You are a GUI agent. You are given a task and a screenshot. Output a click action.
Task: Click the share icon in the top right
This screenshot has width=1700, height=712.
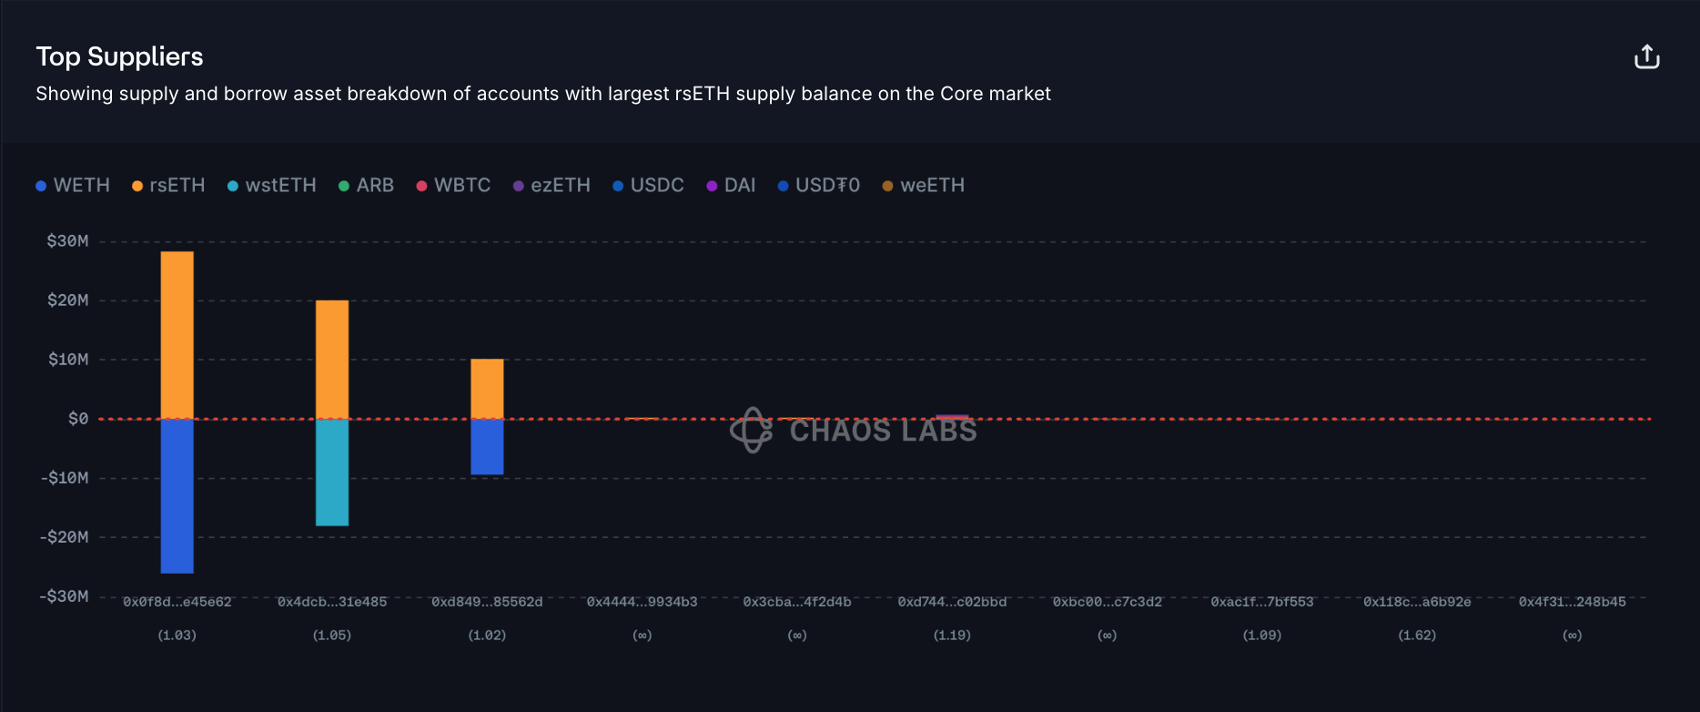(x=1646, y=57)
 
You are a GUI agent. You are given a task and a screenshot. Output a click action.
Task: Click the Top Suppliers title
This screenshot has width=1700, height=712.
(x=119, y=56)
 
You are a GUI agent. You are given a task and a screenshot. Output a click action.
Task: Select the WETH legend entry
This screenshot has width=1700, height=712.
(x=73, y=186)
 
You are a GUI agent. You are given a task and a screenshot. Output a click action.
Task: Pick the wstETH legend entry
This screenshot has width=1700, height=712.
(x=271, y=186)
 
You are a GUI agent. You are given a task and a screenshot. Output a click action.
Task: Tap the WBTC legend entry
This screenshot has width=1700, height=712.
(x=453, y=186)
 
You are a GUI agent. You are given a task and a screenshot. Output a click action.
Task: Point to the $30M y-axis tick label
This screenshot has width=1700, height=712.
(x=68, y=241)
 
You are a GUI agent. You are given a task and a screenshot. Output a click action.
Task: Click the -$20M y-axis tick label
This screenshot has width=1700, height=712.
(x=65, y=537)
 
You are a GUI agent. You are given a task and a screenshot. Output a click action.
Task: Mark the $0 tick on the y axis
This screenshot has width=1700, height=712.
(x=78, y=419)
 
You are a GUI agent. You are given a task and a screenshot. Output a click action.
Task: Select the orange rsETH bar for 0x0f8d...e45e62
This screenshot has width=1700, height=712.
(x=177, y=334)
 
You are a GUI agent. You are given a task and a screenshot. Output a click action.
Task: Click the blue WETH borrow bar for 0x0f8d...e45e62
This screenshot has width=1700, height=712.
(x=177, y=496)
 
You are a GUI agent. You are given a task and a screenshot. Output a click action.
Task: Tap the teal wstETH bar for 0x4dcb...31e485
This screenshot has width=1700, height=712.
(x=332, y=473)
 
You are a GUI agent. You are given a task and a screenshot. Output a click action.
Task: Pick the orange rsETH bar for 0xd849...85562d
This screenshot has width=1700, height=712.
(x=487, y=389)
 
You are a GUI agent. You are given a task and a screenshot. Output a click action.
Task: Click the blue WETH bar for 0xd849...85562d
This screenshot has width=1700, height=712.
(x=487, y=447)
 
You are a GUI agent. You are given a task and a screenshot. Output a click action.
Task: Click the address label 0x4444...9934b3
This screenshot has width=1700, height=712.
(x=642, y=602)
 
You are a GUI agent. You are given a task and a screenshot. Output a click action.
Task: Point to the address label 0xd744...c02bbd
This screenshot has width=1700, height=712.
(x=952, y=602)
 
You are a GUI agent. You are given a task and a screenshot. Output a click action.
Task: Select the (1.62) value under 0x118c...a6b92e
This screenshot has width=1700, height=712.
(x=1417, y=636)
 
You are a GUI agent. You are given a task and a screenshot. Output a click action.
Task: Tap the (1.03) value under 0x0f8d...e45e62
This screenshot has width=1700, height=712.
(x=177, y=636)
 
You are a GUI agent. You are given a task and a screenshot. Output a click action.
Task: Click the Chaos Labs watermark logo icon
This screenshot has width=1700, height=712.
(x=752, y=430)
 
